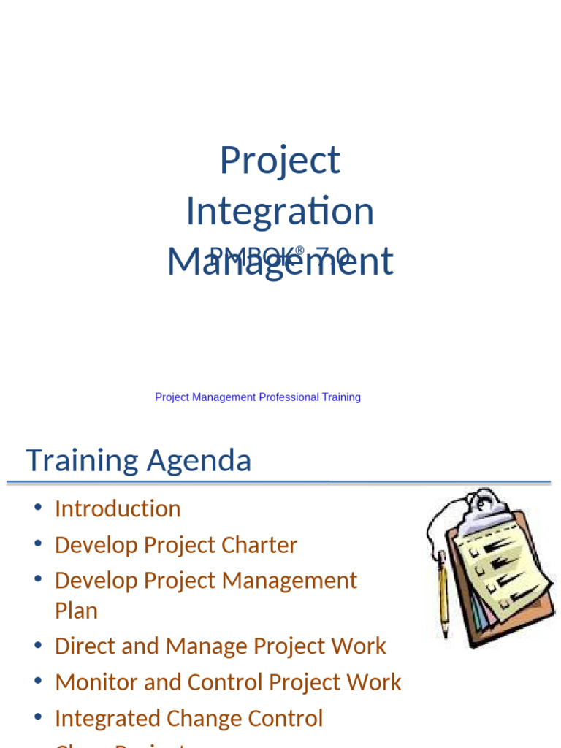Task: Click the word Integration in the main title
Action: [280, 211]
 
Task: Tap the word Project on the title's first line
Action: [280, 161]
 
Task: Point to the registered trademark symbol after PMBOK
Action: [299, 251]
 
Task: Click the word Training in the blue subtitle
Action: [341, 397]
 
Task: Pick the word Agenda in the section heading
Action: [199, 461]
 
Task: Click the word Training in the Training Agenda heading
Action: [82, 461]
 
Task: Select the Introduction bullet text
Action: [118, 508]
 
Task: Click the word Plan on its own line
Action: [76, 611]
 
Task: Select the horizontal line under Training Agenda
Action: [278, 482]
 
